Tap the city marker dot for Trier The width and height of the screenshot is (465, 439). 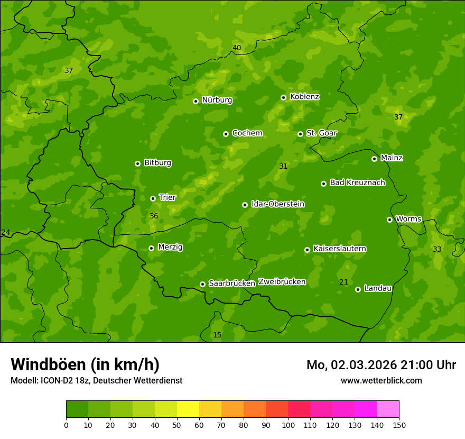click(x=153, y=198)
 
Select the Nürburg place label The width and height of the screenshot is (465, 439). click(x=217, y=100)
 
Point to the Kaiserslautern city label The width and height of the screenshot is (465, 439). click(x=340, y=249)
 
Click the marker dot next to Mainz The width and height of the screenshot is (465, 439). click(x=374, y=159)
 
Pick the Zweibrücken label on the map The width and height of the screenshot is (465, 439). click(x=282, y=282)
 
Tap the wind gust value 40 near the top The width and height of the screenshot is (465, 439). click(x=237, y=48)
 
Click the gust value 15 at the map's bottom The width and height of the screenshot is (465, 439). click(x=217, y=335)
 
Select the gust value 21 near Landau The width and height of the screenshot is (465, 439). click(x=343, y=282)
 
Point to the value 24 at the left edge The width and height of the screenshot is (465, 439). click(x=6, y=232)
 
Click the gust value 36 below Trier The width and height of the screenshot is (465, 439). click(x=154, y=216)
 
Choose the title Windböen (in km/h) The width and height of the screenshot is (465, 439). click(x=85, y=364)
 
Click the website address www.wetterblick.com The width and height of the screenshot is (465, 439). click(x=381, y=380)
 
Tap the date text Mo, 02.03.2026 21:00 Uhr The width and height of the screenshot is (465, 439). click(x=381, y=365)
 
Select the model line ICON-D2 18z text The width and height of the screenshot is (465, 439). click(x=96, y=380)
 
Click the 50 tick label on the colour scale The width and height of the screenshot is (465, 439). click(x=177, y=425)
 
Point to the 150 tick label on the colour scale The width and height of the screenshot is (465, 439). click(x=399, y=425)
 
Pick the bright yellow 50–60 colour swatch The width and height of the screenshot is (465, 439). click(x=188, y=409)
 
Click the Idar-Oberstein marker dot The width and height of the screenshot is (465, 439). click(x=245, y=205)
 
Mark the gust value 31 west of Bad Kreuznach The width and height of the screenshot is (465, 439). click(x=283, y=166)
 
